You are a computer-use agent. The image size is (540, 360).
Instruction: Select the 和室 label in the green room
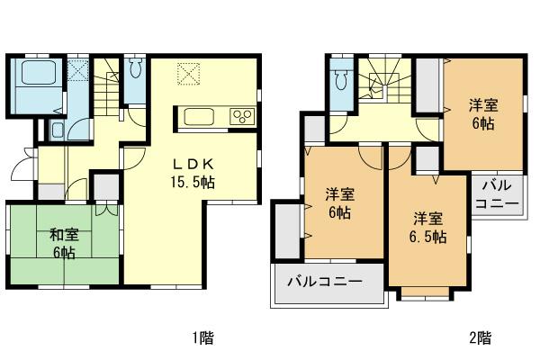click(62, 235)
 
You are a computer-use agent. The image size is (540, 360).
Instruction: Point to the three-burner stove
click(242, 115)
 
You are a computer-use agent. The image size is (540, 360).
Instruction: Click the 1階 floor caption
click(202, 338)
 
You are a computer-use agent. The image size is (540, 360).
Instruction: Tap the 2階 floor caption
click(480, 338)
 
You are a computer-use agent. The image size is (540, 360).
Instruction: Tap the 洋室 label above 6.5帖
click(428, 219)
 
